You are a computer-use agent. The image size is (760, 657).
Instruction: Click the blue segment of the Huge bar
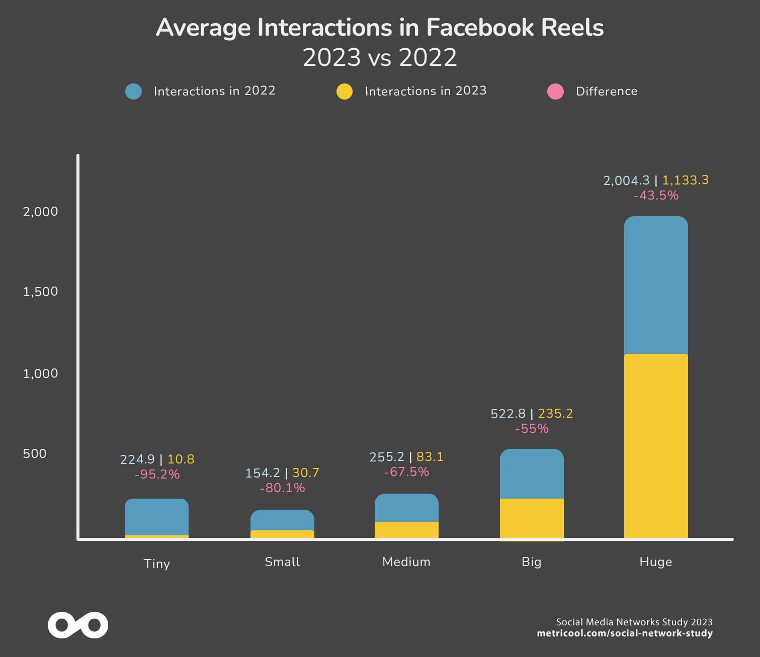pos(656,286)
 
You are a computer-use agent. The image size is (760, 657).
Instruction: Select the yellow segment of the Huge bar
pos(656,446)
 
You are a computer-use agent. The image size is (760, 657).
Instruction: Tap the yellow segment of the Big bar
pos(532,519)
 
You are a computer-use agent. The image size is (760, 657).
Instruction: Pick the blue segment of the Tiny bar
pos(156,517)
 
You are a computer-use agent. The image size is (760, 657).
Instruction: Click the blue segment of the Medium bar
pos(406,508)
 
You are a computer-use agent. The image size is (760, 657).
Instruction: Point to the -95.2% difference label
pos(157,475)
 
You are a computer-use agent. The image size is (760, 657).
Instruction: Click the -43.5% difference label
pos(656,196)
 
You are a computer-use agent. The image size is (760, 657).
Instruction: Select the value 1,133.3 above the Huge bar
pos(685,180)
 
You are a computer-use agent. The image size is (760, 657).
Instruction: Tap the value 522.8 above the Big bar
pos(508,414)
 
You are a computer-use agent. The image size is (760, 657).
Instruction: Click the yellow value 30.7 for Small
pos(306,473)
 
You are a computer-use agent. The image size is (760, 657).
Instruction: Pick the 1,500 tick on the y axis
pos(40,292)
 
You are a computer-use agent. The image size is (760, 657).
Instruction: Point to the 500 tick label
pos(35,453)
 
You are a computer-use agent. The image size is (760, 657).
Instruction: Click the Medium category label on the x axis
pos(406,562)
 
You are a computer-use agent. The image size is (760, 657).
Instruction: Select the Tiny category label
pos(157,564)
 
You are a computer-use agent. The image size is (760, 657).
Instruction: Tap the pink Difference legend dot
pos(555,91)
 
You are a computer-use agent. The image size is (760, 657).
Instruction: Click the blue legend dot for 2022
pos(133,91)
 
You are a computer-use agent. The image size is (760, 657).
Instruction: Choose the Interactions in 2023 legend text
pos(426,91)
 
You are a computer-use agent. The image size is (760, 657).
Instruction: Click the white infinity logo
pos(78,625)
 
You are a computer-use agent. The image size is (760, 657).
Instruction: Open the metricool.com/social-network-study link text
pos(625,633)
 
